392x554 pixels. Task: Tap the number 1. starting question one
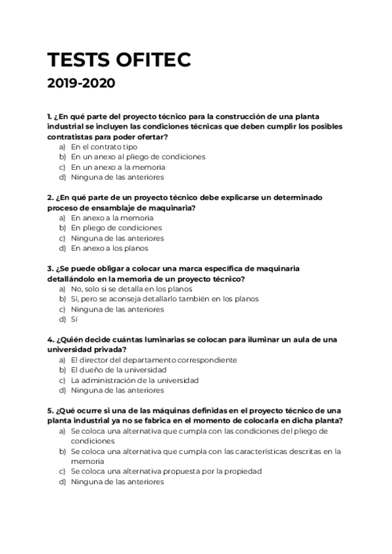pos(50,116)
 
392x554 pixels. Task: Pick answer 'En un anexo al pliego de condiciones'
pos(138,157)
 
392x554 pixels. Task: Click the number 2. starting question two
pos(50,197)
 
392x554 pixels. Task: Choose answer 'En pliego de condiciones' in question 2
pos(116,228)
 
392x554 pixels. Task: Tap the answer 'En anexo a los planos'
pos(109,248)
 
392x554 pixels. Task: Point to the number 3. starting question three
pos(50,269)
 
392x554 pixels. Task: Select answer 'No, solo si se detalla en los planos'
pos(131,289)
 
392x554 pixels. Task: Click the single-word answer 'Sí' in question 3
pos(74,319)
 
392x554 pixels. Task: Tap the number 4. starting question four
pos(50,340)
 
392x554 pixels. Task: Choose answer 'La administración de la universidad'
pos(143,380)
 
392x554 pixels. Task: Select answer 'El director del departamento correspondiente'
pos(154,360)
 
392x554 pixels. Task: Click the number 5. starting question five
pos(50,411)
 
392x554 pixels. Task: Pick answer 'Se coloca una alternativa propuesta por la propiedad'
pos(166,472)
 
